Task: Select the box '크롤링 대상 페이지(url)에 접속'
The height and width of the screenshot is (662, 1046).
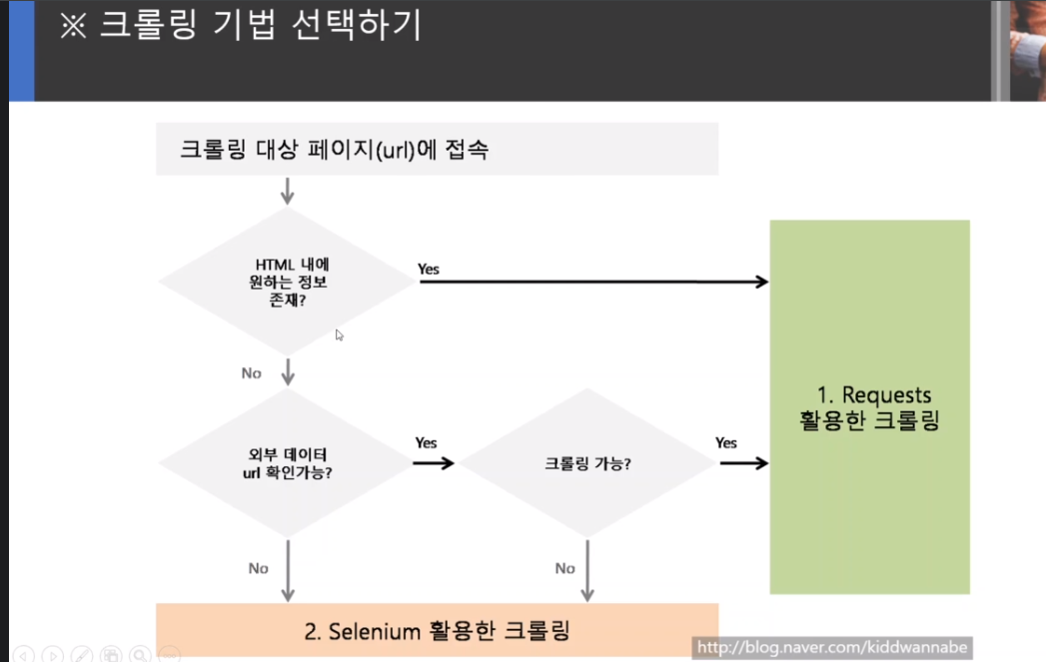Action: click(437, 149)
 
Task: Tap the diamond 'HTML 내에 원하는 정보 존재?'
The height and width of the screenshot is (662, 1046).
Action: click(288, 282)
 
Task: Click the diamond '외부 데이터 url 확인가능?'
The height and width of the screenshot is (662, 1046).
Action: click(288, 463)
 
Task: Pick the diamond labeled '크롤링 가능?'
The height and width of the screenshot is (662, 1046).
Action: click(586, 463)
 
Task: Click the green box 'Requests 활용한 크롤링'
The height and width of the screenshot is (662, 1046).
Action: click(869, 407)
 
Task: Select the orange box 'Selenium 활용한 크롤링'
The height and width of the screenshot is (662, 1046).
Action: click(437, 630)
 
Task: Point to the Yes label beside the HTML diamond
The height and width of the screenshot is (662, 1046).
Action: click(429, 270)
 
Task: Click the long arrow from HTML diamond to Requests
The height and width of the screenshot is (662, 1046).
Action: click(593, 283)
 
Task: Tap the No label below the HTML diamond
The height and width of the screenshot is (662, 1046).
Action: click(252, 373)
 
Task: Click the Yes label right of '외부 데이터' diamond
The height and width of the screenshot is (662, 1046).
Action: click(426, 443)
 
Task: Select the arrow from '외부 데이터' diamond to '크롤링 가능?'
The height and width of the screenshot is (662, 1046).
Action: click(434, 463)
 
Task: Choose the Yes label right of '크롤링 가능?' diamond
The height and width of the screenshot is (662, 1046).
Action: click(726, 443)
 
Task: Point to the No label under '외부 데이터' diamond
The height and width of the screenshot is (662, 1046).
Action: click(259, 568)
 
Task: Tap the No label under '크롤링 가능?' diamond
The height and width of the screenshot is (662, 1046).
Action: click(565, 568)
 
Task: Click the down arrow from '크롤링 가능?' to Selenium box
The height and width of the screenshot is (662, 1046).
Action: click(586, 570)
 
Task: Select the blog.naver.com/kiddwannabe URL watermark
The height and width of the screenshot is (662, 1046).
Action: click(832, 648)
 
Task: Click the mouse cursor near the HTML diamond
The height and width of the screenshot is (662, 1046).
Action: click(340, 335)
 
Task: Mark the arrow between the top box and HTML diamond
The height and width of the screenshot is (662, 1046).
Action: click(288, 191)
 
